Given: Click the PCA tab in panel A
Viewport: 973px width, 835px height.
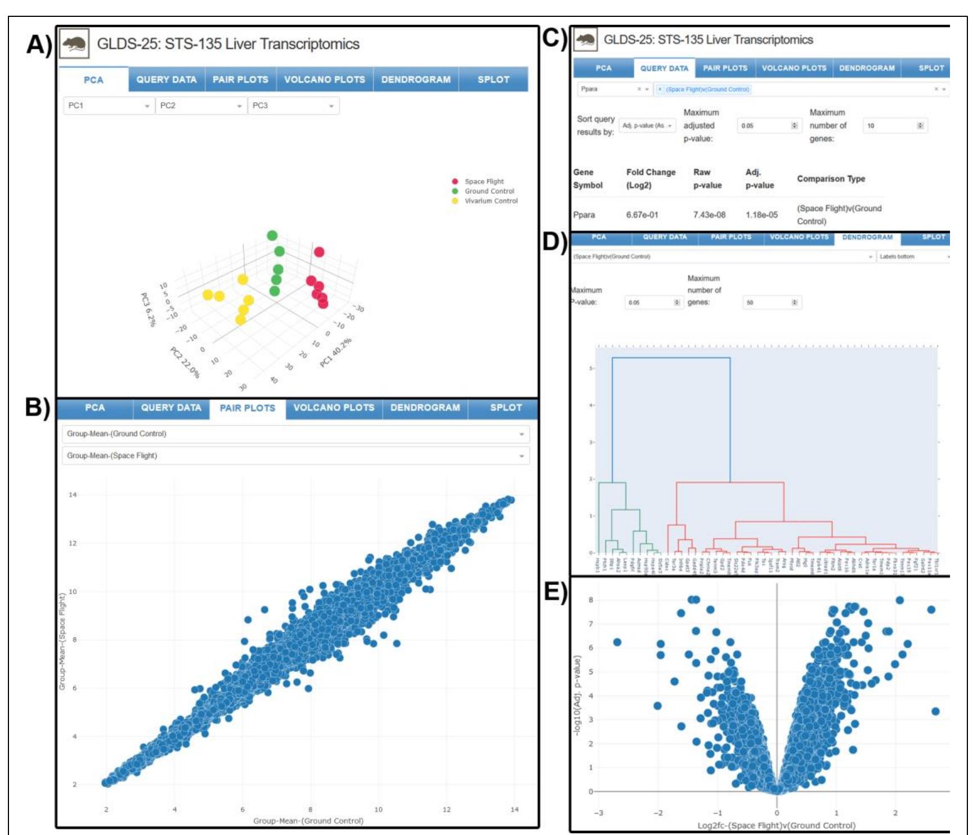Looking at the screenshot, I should click(x=93, y=80).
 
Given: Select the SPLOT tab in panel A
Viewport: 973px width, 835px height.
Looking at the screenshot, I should click(x=493, y=80).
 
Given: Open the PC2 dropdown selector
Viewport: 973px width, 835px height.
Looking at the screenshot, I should click(x=201, y=106).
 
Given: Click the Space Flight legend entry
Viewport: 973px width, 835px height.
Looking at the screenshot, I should click(x=483, y=182).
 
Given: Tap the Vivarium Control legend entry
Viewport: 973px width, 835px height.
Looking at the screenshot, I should click(x=490, y=201).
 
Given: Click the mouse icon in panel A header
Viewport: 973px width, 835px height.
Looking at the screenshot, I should click(x=74, y=44).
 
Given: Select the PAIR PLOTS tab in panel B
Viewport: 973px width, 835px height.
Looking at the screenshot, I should click(x=247, y=408).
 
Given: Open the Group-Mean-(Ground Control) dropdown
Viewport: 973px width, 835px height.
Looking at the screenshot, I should click(x=295, y=434).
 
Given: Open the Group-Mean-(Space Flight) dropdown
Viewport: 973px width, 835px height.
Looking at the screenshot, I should click(x=295, y=455).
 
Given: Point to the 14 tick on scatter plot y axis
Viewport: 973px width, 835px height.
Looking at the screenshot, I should click(x=73, y=495).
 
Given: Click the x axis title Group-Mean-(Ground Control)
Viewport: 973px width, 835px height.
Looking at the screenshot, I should click(x=308, y=821).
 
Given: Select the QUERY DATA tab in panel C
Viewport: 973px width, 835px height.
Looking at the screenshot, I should click(x=664, y=68).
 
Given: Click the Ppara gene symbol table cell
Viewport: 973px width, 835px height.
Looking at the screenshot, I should click(x=584, y=215).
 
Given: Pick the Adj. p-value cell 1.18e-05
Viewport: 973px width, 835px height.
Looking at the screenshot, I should click(x=761, y=215).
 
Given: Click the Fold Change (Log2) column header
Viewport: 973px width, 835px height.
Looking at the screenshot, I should click(x=651, y=178).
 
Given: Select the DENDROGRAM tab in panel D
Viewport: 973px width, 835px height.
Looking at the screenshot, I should click(x=867, y=237).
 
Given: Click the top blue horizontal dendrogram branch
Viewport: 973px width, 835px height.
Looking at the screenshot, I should click(x=671, y=358).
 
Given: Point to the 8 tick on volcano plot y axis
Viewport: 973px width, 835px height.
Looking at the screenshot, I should click(x=591, y=600).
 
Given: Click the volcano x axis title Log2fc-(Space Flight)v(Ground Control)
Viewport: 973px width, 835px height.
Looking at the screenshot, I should click(x=776, y=825).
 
